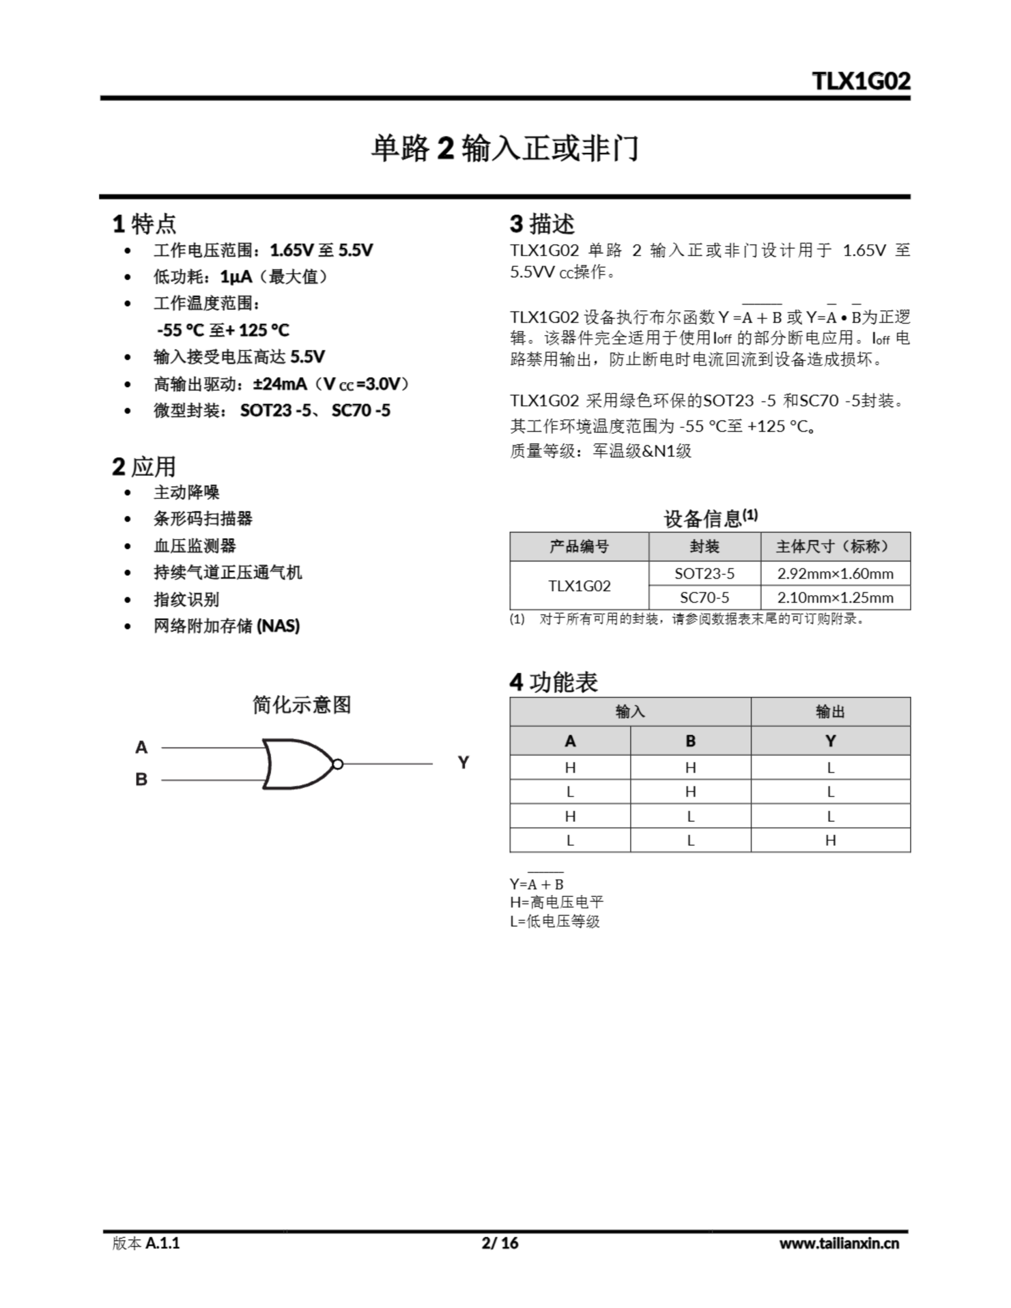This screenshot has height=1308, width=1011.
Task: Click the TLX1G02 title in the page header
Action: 861,81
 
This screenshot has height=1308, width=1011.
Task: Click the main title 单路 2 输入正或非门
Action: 504,148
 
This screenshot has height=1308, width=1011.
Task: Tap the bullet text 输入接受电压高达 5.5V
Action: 239,357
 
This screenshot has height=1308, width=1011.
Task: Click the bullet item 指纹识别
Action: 187,599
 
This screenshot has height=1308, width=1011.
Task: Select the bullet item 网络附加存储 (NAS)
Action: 226,626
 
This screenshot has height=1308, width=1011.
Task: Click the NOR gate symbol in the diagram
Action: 296,764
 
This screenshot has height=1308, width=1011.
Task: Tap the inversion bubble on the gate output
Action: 337,764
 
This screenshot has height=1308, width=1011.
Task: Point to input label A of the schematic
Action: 142,748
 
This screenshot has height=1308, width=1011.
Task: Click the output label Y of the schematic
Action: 463,762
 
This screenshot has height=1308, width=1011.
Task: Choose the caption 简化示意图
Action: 302,705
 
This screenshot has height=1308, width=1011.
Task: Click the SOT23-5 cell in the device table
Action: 704,574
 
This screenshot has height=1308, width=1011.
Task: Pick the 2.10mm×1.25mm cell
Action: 835,598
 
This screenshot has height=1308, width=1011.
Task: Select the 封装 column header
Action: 704,546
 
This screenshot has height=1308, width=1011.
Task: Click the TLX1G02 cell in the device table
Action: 579,586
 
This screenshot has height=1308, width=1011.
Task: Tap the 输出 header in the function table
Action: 830,712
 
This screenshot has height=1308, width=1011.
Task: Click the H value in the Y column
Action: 830,840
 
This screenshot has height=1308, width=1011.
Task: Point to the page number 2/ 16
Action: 500,1243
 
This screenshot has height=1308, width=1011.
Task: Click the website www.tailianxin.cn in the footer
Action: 838,1243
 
